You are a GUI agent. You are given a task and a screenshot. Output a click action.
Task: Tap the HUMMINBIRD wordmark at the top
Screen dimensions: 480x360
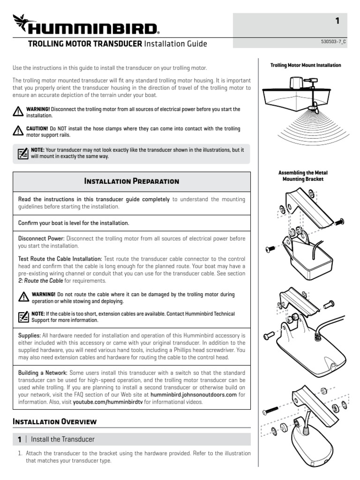(94, 30)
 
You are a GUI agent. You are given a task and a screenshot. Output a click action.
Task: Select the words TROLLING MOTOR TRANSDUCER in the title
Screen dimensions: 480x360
(85, 44)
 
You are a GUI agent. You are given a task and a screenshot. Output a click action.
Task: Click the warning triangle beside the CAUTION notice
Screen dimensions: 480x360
(18, 131)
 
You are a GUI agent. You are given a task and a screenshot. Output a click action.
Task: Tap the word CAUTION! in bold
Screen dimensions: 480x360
(37, 128)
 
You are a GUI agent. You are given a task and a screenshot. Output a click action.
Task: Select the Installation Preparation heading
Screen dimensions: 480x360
(131, 181)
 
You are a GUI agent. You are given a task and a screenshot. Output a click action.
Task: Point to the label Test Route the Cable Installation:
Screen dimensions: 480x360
(60, 259)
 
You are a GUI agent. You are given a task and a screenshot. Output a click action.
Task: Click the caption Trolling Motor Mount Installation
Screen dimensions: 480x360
(306, 65)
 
